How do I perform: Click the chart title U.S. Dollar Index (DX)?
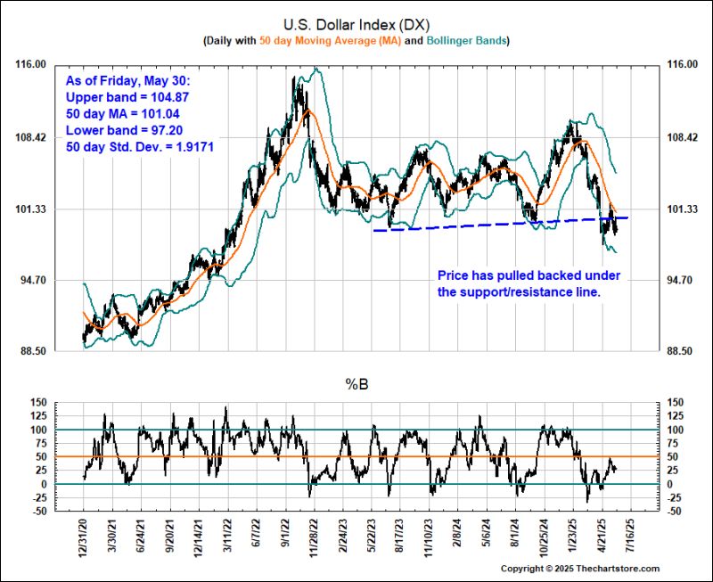pos(356,24)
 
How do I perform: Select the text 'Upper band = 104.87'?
pos(127,96)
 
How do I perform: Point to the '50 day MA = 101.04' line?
pos(123,112)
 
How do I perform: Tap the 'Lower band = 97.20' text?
pos(127,128)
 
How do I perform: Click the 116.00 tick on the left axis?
pos(33,65)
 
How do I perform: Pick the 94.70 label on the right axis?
pos(680,281)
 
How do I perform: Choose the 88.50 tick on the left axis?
pos(33,352)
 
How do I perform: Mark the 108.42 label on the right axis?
pos(680,137)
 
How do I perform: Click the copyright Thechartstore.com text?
pos(579,569)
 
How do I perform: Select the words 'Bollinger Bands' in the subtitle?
pos(468,41)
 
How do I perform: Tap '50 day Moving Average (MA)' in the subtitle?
pos(341,41)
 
